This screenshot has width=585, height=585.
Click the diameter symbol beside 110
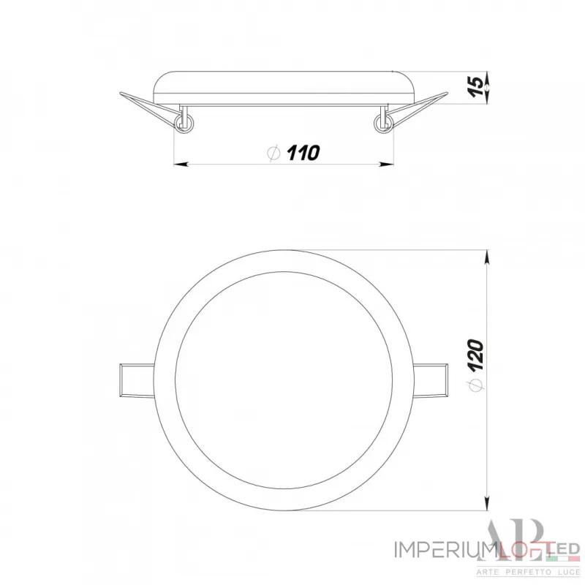click(x=273, y=154)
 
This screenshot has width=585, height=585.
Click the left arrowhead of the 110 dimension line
click(x=179, y=165)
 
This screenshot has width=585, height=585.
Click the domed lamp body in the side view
click(x=285, y=86)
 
